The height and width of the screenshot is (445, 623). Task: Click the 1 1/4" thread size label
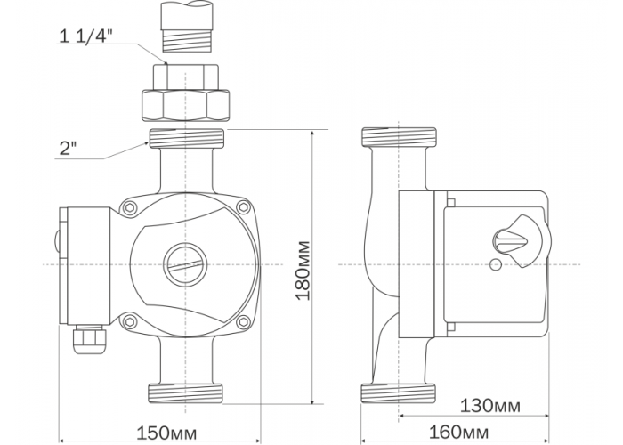coord(85,36)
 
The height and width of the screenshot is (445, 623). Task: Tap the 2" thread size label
coord(68,149)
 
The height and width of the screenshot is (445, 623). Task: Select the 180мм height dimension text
coord(303,271)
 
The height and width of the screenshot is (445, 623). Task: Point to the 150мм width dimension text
coord(166,433)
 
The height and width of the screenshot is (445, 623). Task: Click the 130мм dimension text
coord(489,406)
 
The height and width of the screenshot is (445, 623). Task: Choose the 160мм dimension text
coord(459,432)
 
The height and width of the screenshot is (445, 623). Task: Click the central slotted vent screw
coord(185,264)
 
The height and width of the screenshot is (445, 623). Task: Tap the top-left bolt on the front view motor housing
coord(130,207)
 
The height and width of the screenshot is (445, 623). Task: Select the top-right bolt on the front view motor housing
coord(244,207)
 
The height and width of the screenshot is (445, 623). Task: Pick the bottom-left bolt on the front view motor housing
coord(130,321)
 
